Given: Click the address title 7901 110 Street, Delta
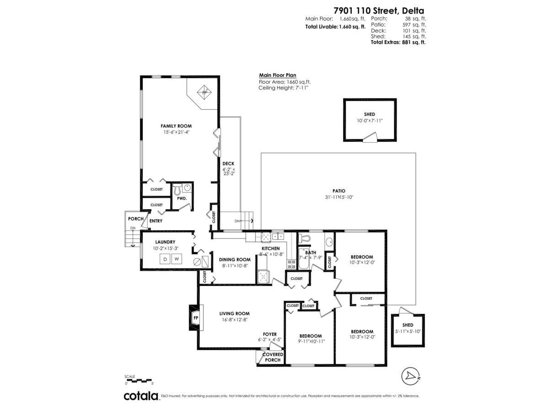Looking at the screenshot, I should [378, 10].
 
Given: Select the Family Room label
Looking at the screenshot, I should [176, 126].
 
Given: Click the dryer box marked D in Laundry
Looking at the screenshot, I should [165, 259].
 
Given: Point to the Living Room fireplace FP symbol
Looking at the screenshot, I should [195, 318].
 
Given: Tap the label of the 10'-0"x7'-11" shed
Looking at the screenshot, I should [369, 114].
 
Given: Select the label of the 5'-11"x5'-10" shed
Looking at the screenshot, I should [408, 325].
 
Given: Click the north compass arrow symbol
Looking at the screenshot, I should [409, 376].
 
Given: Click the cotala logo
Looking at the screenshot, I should [141, 396].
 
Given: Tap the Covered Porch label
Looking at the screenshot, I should [272, 357].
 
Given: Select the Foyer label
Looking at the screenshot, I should [269, 334].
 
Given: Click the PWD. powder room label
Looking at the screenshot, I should [182, 199].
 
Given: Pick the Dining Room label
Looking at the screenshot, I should [234, 260].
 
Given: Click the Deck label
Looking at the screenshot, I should [228, 163].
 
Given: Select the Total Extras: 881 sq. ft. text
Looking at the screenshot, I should [398, 42].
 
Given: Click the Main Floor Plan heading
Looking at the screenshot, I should [277, 76].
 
